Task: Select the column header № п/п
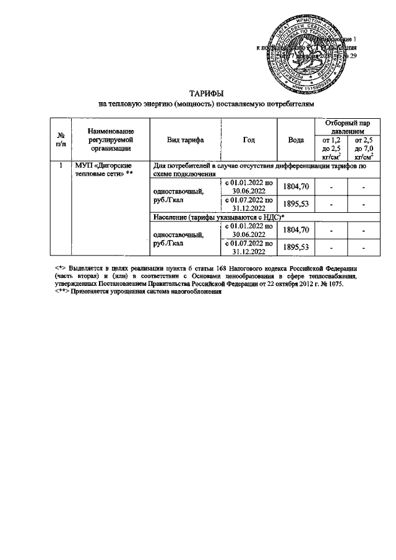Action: tap(61, 139)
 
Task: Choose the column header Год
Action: tap(249, 140)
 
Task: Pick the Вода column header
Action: tap(296, 140)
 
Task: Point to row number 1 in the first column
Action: tap(61, 166)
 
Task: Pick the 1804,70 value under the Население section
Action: tap(296, 230)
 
